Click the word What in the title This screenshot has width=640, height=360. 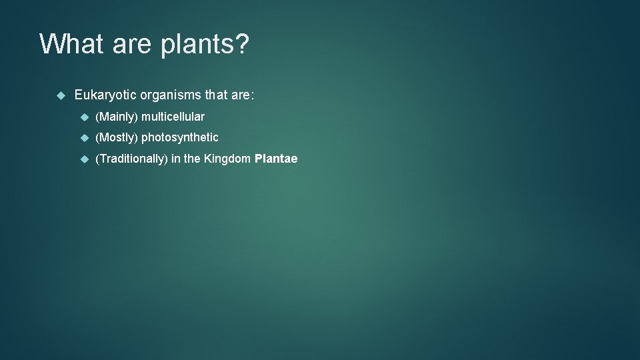[x=71, y=44]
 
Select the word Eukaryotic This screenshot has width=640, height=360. [x=105, y=95]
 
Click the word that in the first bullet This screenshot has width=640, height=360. [x=217, y=95]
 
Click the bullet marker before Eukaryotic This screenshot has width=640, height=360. [x=60, y=95]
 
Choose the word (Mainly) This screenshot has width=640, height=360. [x=117, y=117]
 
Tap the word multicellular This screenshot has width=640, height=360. [x=173, y=117]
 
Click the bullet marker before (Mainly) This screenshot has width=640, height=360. [x=84, y=117]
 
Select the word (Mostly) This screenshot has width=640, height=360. [x=117, y=138]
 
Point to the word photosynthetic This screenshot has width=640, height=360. [x=180, y=138]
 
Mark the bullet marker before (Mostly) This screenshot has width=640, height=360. [x=84, y=137]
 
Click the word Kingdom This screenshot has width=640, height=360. [x=227, y=159]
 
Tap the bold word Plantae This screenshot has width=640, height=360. [x=276, y=159]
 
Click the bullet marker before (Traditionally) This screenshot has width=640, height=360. [x=84, y=159]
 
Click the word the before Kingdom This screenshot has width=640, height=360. [x=192, y=159]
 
